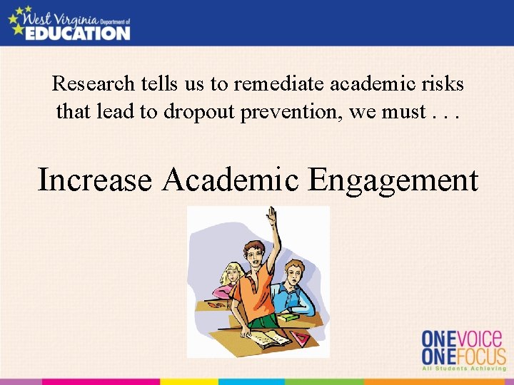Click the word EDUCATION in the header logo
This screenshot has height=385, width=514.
[x=77, y=32]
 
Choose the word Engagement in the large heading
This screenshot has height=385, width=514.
[x=393, y=180]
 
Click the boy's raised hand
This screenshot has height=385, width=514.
[x=271, y=214]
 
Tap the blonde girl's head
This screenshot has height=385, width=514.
[x=232, y=273]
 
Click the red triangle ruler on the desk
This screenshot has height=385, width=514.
[x=300, y=337]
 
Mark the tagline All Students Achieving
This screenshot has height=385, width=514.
[x=463, y=369]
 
